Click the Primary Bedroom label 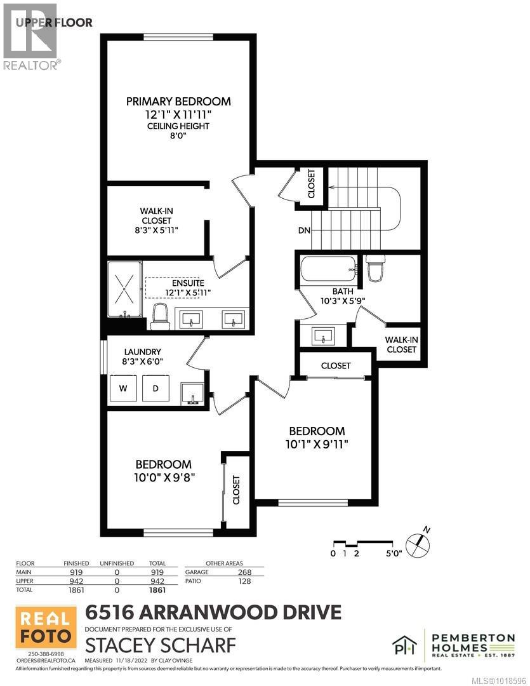point(178,101)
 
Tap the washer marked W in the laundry point(124,388)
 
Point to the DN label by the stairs point(304,230)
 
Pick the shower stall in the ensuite point(125,290)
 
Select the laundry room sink point(192,394)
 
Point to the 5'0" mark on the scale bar point(393,553)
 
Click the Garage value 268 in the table point(244,572)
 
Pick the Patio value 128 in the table point(244,581)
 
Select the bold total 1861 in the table point(156,590)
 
